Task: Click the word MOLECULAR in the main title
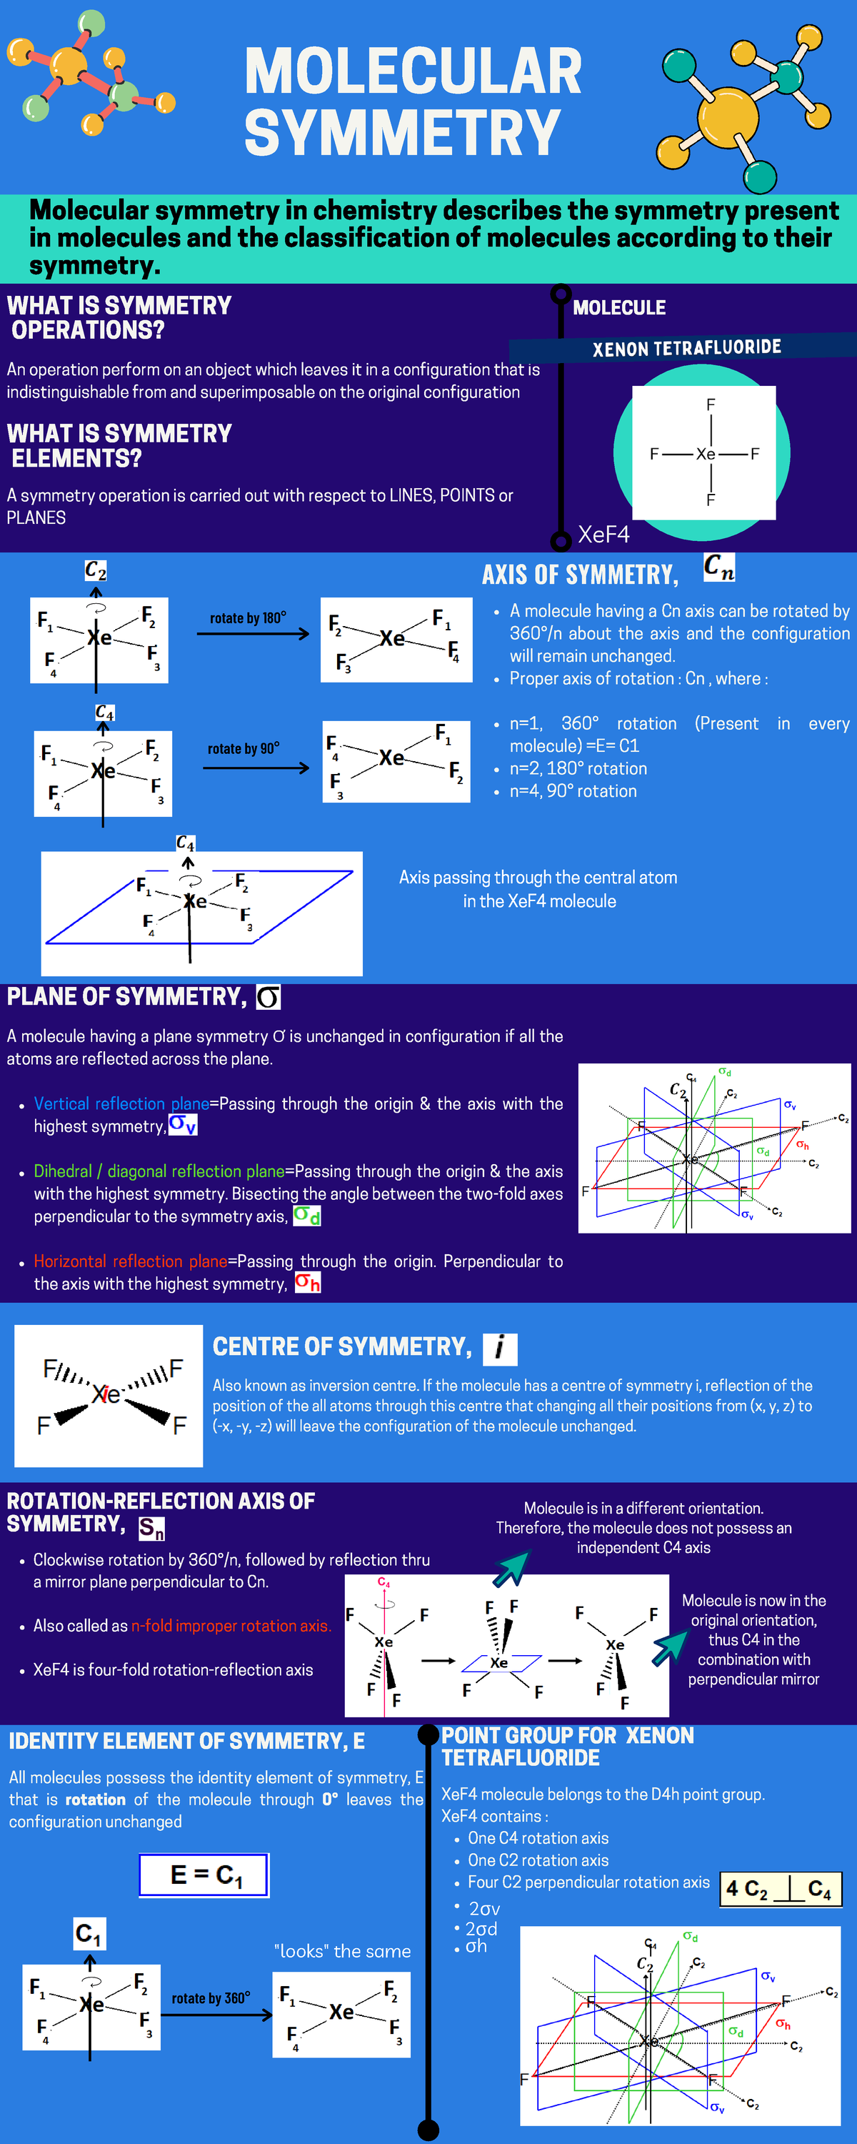[x=413, y=71]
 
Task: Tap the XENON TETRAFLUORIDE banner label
[x=686, y=348]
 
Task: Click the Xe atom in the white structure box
[x=706, y=454]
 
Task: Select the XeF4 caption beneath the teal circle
[x=603, y=535]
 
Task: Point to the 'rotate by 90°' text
[x=243, y=748]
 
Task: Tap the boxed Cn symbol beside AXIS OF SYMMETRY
[x=718, y=568]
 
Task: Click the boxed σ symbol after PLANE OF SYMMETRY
[x=268, y=996]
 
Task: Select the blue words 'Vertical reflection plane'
[x=121, y=1103]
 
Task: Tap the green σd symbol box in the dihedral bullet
[x=307, y=1216]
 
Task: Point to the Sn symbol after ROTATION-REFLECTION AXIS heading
[x=151, y=1528]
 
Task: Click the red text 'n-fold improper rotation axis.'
[x=231, y=1625]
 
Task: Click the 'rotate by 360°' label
[x=211, y=1998]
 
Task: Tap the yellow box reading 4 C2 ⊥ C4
[x=780, y=1888]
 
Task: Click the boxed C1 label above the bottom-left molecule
[x=89, y=1933]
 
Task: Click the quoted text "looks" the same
[x=342, y=1951]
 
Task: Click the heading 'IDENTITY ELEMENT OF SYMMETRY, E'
[x=186, y=1741]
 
